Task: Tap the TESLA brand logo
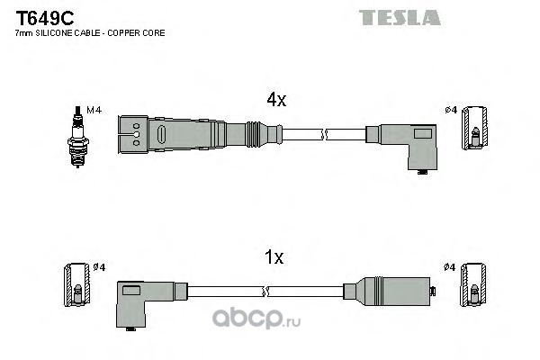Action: click(x=400, y=17)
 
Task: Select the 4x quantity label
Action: click(x=274, y=102)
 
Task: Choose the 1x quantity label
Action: click(x=274, y=257)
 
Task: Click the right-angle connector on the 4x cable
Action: click(x=409, y=142)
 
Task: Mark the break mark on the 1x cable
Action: click(x=266, y=291)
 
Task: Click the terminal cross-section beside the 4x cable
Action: click(x=476, y=131)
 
